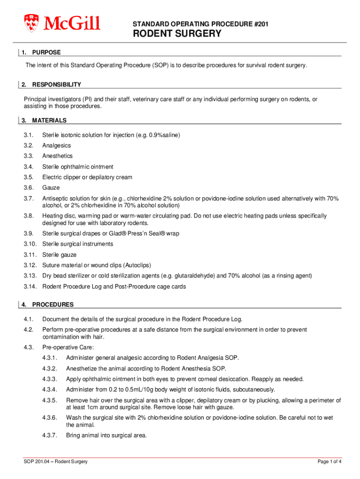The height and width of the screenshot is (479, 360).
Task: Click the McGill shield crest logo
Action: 31,22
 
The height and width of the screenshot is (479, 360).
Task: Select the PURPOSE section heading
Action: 46,52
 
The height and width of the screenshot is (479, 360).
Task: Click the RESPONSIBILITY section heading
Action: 57,85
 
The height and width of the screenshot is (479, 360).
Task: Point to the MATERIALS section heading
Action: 49,120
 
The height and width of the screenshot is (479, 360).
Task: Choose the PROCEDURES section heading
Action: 53,305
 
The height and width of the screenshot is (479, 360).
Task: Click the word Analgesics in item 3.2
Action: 57,145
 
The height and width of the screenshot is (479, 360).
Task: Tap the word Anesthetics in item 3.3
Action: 58,156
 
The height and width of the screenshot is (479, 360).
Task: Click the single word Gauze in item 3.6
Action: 50,188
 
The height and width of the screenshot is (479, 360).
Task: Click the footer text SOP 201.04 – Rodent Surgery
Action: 56,462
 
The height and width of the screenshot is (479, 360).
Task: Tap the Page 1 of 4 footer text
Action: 329,462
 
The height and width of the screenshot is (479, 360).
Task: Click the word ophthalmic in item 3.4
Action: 77,167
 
